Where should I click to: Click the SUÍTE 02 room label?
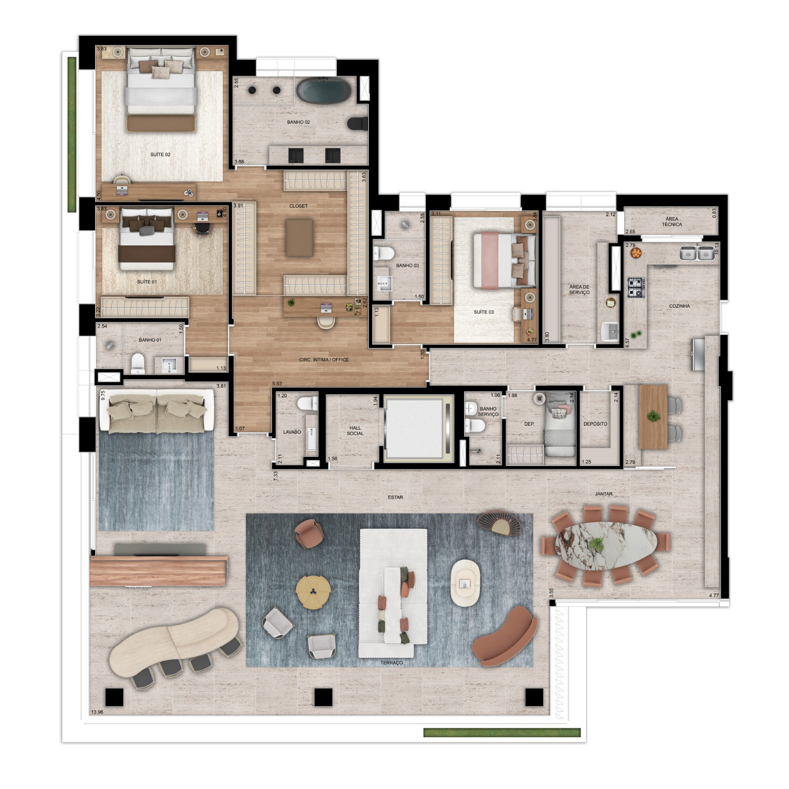pyautogui.click(x=160, y=155)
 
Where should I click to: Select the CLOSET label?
pyautogui.click(x=299, y=206)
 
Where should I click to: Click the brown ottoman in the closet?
pyautogui.click(x=299, y=238)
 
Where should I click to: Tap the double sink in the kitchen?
pyautogui.click(x=697, y=253)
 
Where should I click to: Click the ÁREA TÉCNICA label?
pyautogui.click(x=672, y=221)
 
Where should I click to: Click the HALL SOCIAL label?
pyautogui.click(x=355, y=430)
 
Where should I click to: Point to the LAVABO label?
pyautogui.click(x=292, y=432)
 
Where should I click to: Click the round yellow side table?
pyautogui.click(x=313, y=592)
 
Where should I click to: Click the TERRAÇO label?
pyautogui.click(x=391, y=663)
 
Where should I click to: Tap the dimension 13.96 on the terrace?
pyautogui.click(x=96, y=724)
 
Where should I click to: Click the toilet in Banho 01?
pyautogui.click(x=138, y=363)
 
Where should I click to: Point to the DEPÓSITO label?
pyautogui.click(x=595, y=424)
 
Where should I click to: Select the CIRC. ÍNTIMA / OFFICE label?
pyautogui.click(x=324, y=360)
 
